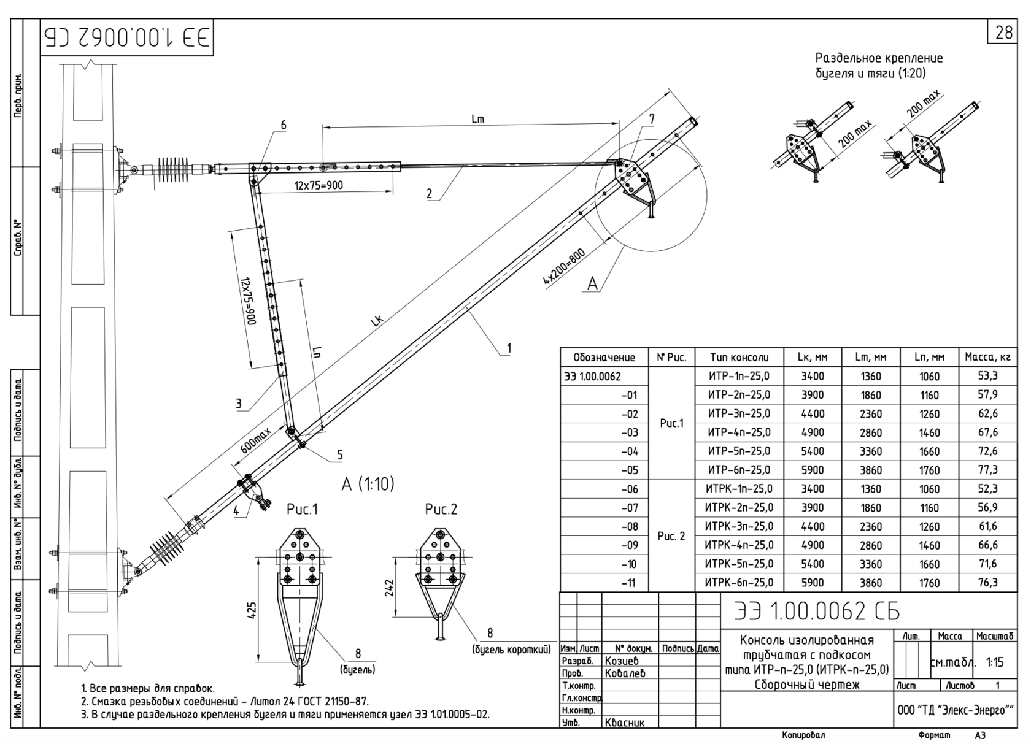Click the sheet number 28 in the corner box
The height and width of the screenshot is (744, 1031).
click(x=1004, y=33)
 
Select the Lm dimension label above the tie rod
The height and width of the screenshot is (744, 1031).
click(x=477, y=119)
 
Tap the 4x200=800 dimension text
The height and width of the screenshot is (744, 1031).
click(x=565, y=267)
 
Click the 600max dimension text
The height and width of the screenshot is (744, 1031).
click(x=256, y=440)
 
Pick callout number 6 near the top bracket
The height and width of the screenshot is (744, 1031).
click(x=284, y=125)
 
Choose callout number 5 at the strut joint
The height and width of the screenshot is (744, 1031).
click(x=340, y=454)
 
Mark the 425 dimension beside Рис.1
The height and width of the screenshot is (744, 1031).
click(x=252, y=610)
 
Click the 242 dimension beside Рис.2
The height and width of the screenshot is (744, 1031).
click(x=389, y=588)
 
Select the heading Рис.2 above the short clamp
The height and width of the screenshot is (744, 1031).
click(x=441, y=509)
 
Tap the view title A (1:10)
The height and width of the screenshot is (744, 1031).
click(x=368, y=484)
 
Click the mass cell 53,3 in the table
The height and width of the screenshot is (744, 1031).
click(x=988, y=376)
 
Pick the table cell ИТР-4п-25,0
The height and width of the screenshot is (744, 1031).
click(x=739, y=432)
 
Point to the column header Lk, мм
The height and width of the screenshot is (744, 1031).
click(x=813, y=358)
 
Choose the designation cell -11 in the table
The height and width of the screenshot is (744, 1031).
click(x=628, y=583)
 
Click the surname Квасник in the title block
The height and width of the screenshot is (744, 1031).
click(x=625, y=723)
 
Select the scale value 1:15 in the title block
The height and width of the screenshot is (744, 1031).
click(x=995, y=662)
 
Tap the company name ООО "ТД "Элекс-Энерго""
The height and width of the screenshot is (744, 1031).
click(x=955, y=710)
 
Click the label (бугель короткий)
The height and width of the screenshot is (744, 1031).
click(x=511, y=649)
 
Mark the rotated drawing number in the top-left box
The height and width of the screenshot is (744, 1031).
click(x=128, y=37)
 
